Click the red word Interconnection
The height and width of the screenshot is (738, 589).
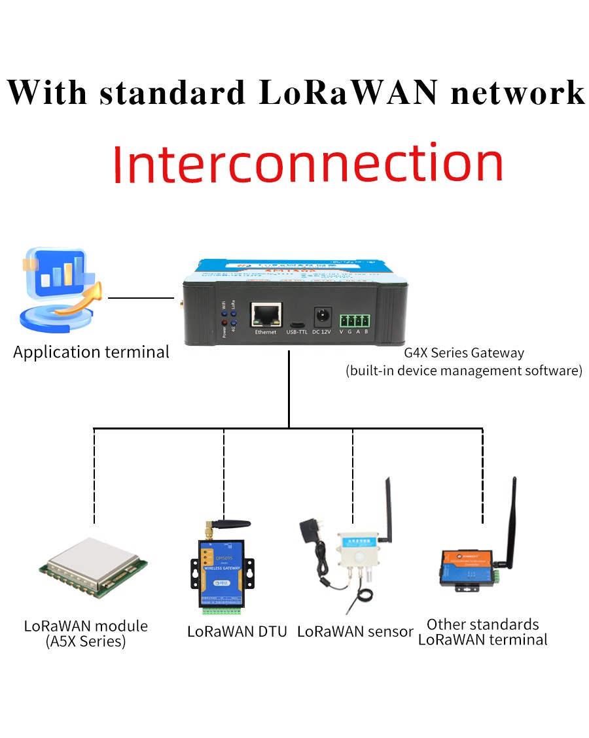(x=308, y=163)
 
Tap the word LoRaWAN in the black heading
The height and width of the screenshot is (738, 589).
(x=348, y=92)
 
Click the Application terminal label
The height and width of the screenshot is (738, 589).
(x=91, y=352)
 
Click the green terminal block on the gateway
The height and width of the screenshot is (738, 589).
(x=354, y=320)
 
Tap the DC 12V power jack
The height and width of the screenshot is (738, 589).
(x=321, y=317)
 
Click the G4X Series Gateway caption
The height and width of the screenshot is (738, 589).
(x=464, y=353)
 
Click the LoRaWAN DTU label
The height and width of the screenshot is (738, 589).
(x=237, y=632)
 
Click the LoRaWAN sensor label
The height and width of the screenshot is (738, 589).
(x=355, y=632)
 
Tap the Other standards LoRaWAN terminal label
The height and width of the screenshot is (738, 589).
(x=482, y=632)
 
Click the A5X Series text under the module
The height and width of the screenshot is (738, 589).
(x=86, y=641)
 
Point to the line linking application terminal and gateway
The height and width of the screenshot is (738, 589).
(x=141, y=298)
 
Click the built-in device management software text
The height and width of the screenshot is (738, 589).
(x=463, y=371)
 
